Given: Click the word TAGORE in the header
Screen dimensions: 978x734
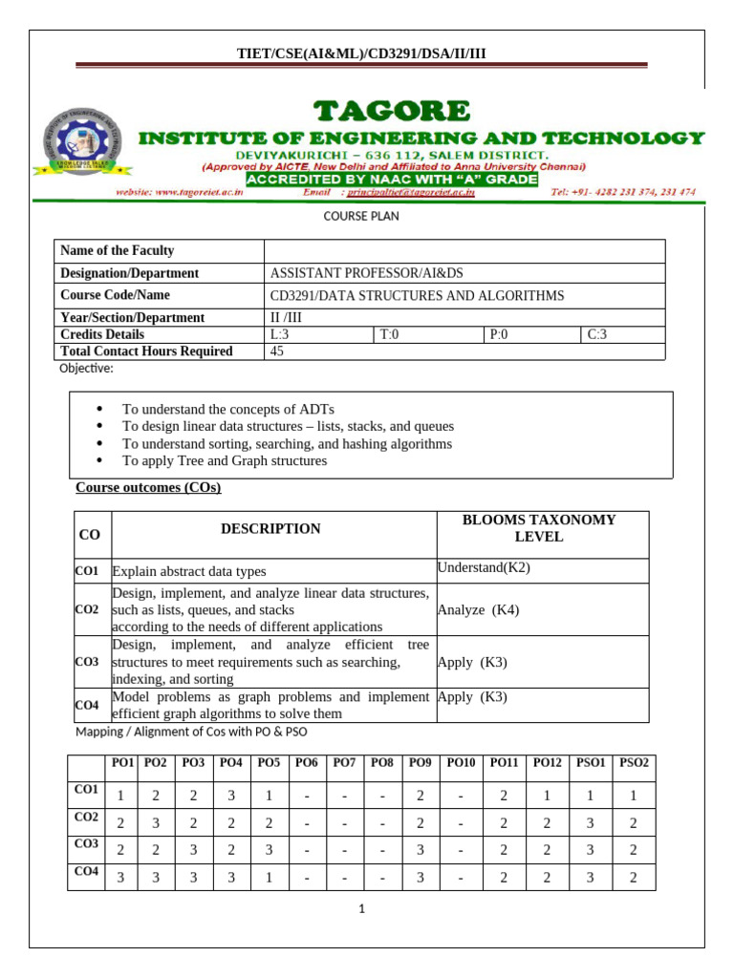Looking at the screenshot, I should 388,112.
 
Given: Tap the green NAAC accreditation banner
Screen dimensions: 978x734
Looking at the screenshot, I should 392,179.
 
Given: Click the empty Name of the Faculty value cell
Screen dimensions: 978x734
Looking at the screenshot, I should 464,250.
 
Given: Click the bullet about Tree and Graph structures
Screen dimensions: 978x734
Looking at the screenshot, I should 225,460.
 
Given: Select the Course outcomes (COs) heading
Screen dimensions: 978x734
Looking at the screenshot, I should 148,488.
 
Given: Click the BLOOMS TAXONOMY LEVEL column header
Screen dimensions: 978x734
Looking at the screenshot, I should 539,528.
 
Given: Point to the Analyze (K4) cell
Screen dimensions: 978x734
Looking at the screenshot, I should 479,609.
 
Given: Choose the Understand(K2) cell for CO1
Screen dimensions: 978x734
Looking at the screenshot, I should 484,567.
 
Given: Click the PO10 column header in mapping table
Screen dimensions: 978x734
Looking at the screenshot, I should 461,762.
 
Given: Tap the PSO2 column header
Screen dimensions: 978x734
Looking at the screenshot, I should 634,762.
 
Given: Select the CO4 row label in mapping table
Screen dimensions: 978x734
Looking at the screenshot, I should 85,871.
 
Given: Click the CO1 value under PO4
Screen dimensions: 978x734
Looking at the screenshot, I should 230,795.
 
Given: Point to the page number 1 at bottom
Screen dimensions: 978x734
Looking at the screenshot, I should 363,909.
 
